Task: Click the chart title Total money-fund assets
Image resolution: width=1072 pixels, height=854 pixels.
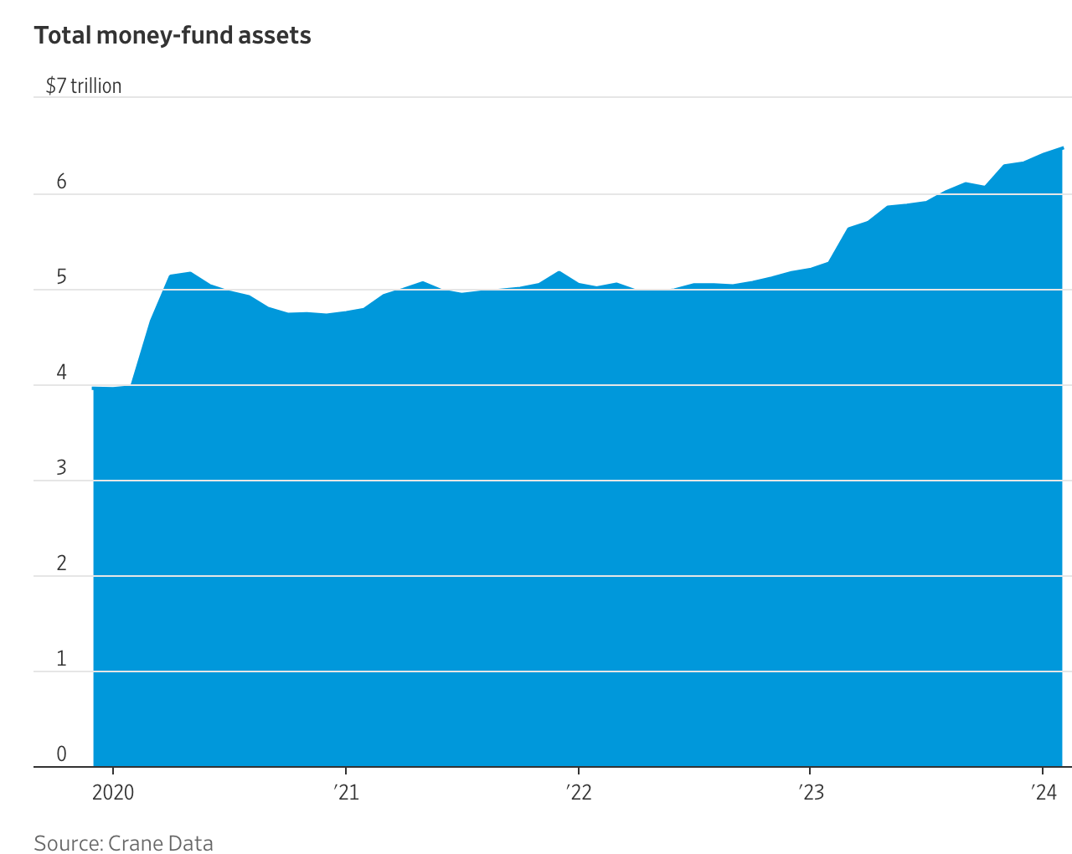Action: (173, 36)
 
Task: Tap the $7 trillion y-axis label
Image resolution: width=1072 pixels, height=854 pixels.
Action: (84, 86)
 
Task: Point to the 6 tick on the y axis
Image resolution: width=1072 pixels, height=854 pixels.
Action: (61, 183)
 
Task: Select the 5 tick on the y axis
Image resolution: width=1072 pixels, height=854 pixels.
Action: (61, 278)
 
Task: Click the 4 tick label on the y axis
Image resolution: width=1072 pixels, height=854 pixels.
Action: (61, 373)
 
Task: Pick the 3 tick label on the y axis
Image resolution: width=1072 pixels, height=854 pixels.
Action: (61, 469)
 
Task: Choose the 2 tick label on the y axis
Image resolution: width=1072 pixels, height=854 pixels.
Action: (61, 564)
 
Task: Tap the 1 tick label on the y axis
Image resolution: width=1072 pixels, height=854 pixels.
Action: (61, 660)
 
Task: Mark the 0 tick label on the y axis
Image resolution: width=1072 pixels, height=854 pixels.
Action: (61, 754)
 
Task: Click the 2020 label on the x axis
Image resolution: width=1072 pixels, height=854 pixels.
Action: (113, 792)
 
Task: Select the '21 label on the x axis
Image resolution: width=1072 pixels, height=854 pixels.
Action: (345, 792)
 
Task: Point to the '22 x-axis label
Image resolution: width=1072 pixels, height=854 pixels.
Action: (578, 792)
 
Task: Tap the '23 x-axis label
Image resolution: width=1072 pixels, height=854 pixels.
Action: (810, 792)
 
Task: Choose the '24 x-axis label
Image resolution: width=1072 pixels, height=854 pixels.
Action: (1043, 792)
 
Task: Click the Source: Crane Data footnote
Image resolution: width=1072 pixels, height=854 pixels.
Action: (124, 843)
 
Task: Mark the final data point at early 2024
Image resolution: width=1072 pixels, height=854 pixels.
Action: (1062, 148)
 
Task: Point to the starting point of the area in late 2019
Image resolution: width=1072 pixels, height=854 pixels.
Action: (93, 388)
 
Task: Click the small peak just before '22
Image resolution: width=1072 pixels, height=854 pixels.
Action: (559, 271)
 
